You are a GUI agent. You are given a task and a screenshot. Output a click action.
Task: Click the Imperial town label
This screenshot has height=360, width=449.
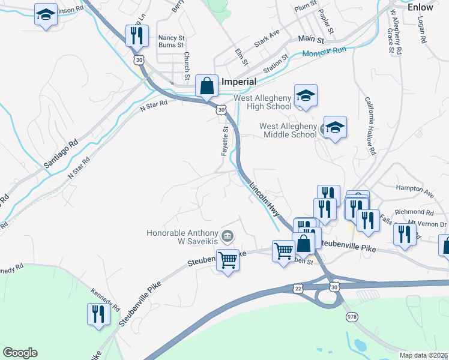click(239, 82)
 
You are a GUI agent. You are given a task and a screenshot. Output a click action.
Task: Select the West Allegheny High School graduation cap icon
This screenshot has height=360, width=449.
click(306, 96)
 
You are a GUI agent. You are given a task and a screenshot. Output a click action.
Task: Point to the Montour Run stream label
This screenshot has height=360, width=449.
click(325, 53)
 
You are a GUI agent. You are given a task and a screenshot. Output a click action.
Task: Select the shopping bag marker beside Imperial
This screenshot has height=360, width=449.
click(206, 86)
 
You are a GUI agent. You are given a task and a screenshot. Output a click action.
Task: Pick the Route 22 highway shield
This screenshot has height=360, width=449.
click(298, 288)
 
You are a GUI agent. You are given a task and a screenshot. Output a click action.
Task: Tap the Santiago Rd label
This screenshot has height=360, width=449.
click(61, 154)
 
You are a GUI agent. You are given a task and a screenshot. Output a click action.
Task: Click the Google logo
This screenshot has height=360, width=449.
click(20, 353)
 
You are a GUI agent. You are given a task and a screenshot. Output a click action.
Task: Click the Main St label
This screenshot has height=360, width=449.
click(311, 40)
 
